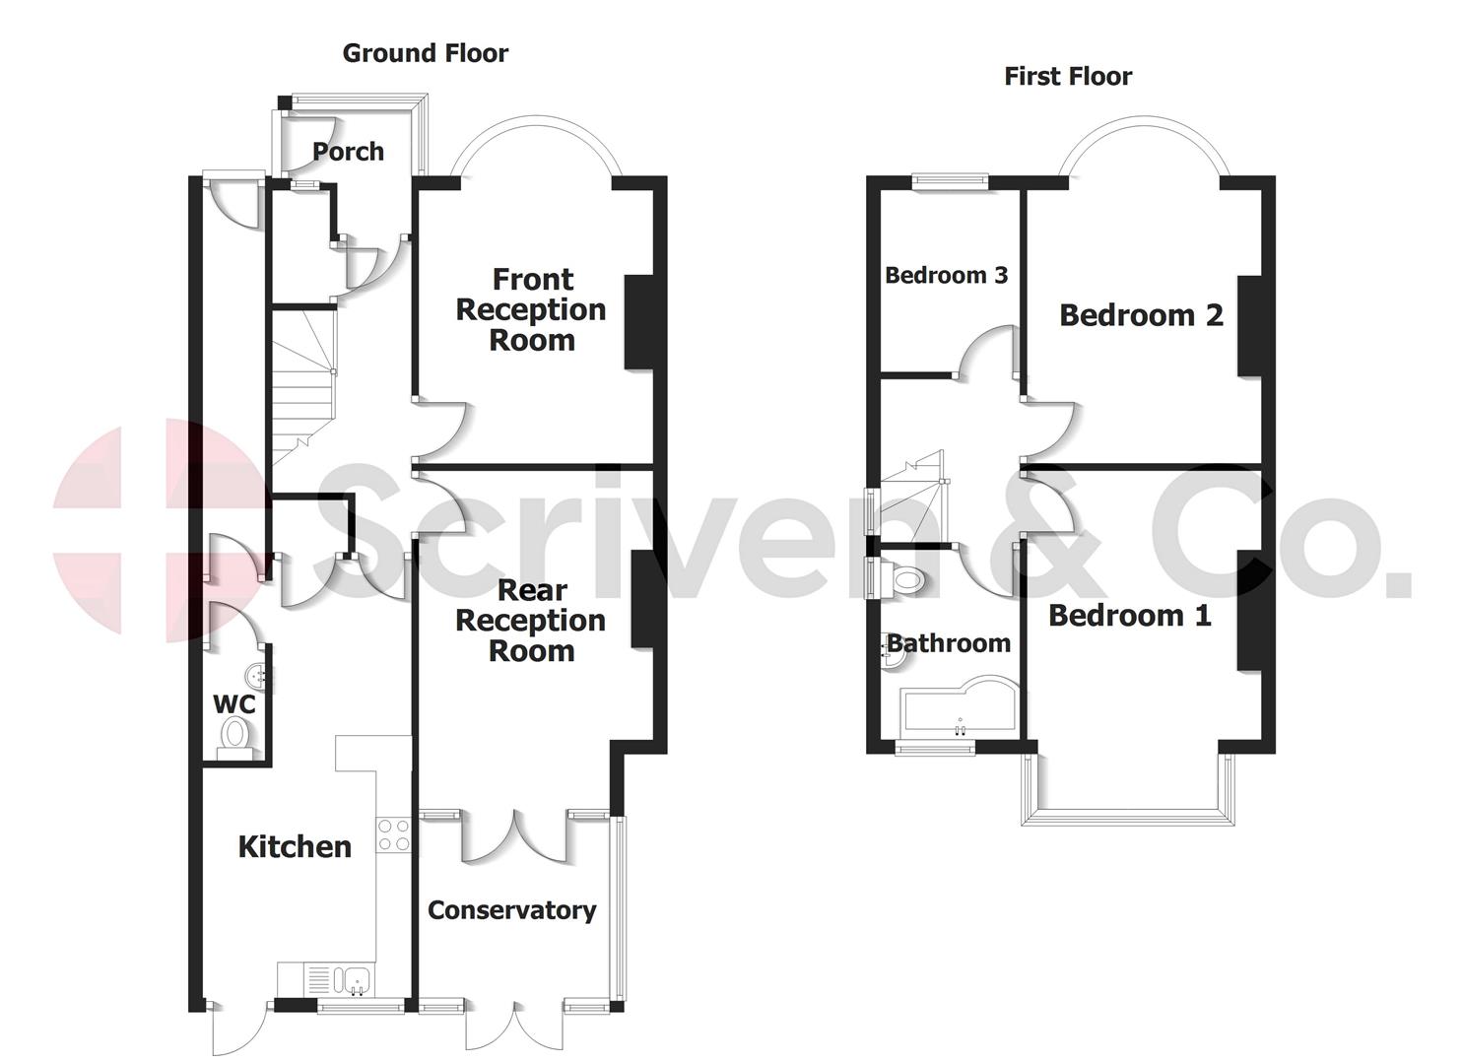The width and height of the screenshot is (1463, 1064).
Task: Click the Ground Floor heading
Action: [425, 53]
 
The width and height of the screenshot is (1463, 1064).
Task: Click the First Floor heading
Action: [1068, 76]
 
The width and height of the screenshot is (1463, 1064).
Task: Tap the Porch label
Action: [348, 152]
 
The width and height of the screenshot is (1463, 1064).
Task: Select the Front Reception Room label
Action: [531, 309]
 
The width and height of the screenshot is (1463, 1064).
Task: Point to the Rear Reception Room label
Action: [531, 620]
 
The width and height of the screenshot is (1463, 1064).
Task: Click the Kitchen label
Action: [295, 846]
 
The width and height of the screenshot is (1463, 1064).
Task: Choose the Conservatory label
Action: [511, 910]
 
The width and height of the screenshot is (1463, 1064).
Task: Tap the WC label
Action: [234, 704]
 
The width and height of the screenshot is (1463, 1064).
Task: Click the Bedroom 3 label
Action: [946, 275]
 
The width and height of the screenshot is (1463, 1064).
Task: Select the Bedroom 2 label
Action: [1141, 315]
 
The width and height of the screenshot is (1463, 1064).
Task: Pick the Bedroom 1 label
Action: [1129, 616]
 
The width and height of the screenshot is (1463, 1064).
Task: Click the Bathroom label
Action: [949, 643]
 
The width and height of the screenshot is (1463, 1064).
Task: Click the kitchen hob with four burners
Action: [394, 835]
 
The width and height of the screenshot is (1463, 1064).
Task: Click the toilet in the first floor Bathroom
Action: [904, 579]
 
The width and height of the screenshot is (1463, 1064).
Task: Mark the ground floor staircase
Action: [300, 394]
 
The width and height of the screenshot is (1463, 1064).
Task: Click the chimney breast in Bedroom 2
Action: [1249, 326]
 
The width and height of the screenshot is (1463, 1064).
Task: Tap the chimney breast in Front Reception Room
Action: [638, 322]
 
